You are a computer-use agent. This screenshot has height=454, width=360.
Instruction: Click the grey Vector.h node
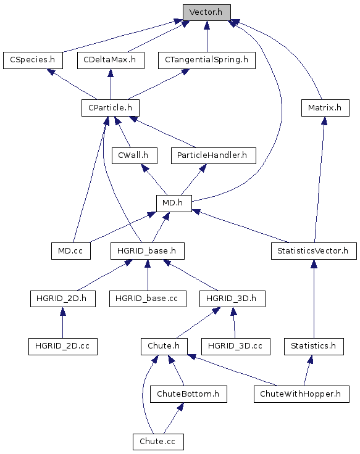[x=207, y=12]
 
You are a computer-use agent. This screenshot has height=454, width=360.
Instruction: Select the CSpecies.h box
[x=33, y=60]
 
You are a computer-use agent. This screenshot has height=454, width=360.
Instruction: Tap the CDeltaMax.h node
[x=111, y=60]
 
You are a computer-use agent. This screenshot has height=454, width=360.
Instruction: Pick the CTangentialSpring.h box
[x=207, y=60]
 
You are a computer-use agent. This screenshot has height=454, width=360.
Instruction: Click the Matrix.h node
[x=325, y=108]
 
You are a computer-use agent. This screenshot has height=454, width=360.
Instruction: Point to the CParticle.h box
[x=111, y=108]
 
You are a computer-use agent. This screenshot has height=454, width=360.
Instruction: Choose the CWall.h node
[x=135, y=156]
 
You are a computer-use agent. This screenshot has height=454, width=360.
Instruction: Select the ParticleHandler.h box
[x=213, y=156]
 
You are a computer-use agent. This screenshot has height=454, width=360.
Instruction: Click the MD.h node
[x=174, y=204]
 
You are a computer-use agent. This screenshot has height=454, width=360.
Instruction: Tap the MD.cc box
[x=71, y=251]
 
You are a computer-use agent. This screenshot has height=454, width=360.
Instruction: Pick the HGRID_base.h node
[x=148, y=251]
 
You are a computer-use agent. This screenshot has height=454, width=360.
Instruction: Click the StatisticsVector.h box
[x=314, y=251]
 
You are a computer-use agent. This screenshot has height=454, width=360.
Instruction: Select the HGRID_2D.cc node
[x=63, y=347]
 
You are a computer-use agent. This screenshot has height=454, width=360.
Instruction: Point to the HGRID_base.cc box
[x=148, y=299]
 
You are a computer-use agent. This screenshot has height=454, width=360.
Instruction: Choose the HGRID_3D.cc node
[x=236, y=347]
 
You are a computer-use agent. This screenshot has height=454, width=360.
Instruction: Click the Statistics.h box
[x=314, y=347]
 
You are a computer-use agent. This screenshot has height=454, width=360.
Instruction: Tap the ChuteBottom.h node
[x=188, y=394]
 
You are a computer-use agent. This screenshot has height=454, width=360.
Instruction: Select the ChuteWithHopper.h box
[x=301, y=394]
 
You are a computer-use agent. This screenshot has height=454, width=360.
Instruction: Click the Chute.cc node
[x=158, y=442]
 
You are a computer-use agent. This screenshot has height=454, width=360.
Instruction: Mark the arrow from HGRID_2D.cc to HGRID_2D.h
[x=62, y=323]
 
